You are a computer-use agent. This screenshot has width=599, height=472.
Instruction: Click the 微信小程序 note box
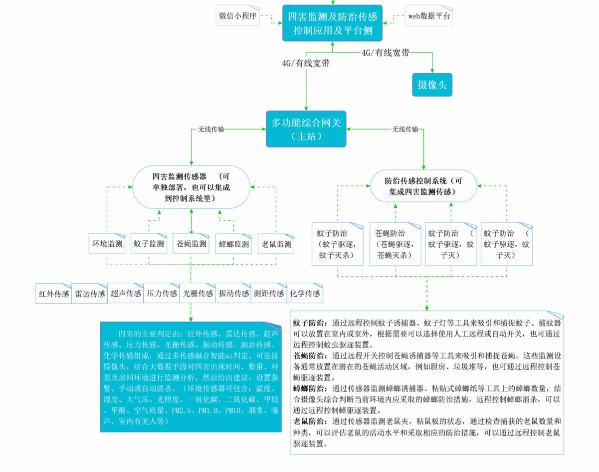point(237,16)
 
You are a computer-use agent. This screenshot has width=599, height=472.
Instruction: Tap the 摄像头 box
point(432,85)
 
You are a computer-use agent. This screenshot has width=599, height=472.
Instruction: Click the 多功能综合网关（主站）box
point(306,129)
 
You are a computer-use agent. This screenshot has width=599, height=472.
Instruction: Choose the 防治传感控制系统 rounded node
point(423,186)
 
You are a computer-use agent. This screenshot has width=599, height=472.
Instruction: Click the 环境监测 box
point(107,244)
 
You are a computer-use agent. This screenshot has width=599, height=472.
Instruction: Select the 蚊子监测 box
point(149,244)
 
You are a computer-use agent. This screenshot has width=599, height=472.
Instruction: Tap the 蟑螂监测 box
point(233,244)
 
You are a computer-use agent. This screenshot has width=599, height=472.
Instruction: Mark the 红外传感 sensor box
point(54,294)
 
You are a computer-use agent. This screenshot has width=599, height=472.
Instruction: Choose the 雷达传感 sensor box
point(90,294)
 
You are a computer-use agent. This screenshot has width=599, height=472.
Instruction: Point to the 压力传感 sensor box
point(162,294)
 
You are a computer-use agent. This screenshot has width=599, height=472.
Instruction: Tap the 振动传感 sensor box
point(233,294)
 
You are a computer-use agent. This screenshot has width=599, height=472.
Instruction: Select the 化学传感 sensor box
point(305,294)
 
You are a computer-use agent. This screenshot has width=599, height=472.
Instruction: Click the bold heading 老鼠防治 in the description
point(309,421)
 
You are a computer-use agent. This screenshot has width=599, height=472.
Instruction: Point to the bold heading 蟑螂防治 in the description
point(309,388)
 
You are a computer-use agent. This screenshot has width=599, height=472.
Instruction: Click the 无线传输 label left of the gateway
point(211,129)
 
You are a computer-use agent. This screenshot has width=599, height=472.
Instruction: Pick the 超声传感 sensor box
point(126,294)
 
